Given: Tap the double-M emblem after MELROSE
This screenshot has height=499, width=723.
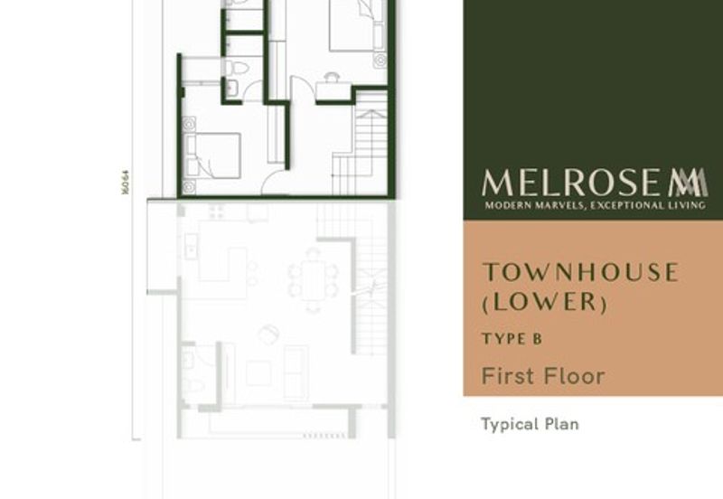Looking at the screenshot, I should [689, 183].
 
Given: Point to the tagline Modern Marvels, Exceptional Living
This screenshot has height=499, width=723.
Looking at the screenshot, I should [595, 207].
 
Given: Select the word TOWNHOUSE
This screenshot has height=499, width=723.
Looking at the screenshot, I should [579, 272].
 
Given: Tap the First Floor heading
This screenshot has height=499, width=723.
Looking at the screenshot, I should [542, 375].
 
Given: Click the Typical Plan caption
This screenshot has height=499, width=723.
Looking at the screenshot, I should [529, 423].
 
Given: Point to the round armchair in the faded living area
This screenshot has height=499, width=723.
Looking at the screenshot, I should [268, 334].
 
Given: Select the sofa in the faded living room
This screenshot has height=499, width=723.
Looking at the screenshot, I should [295, 372].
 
